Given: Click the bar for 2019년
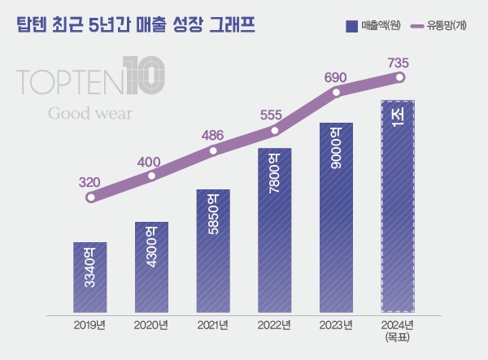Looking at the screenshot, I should (x=89, y=277).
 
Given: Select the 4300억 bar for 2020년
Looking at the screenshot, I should (x=151, y=267).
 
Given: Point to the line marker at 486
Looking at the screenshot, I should (x=213, y=150).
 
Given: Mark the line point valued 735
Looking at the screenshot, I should (x=399, y=78).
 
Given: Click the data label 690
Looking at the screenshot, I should (x=336, y=77).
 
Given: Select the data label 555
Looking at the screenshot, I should (x=274, y=115).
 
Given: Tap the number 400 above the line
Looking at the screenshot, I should (x=149, y=162).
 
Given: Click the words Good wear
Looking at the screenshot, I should (x=90, y=113).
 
